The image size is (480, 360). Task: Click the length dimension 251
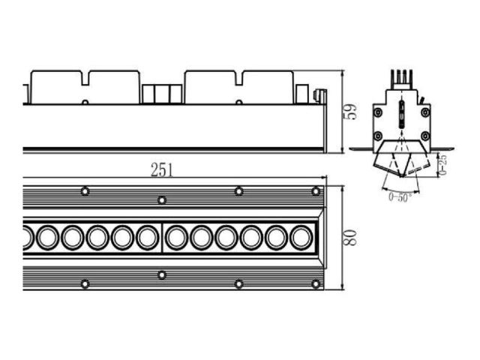[162, 170]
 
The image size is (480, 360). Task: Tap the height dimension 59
[350, 112]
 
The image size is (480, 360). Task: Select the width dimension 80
[350, 237]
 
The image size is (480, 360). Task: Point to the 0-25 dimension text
[443, 165]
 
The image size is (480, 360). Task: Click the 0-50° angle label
[400, 196]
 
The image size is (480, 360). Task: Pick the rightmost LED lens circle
[301, 238]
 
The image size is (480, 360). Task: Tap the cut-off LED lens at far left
[28, 238]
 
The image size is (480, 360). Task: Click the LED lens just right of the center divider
[177, 238]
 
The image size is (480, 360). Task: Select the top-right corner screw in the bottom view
[316, 192]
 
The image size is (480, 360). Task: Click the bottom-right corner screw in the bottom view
[316, 284]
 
